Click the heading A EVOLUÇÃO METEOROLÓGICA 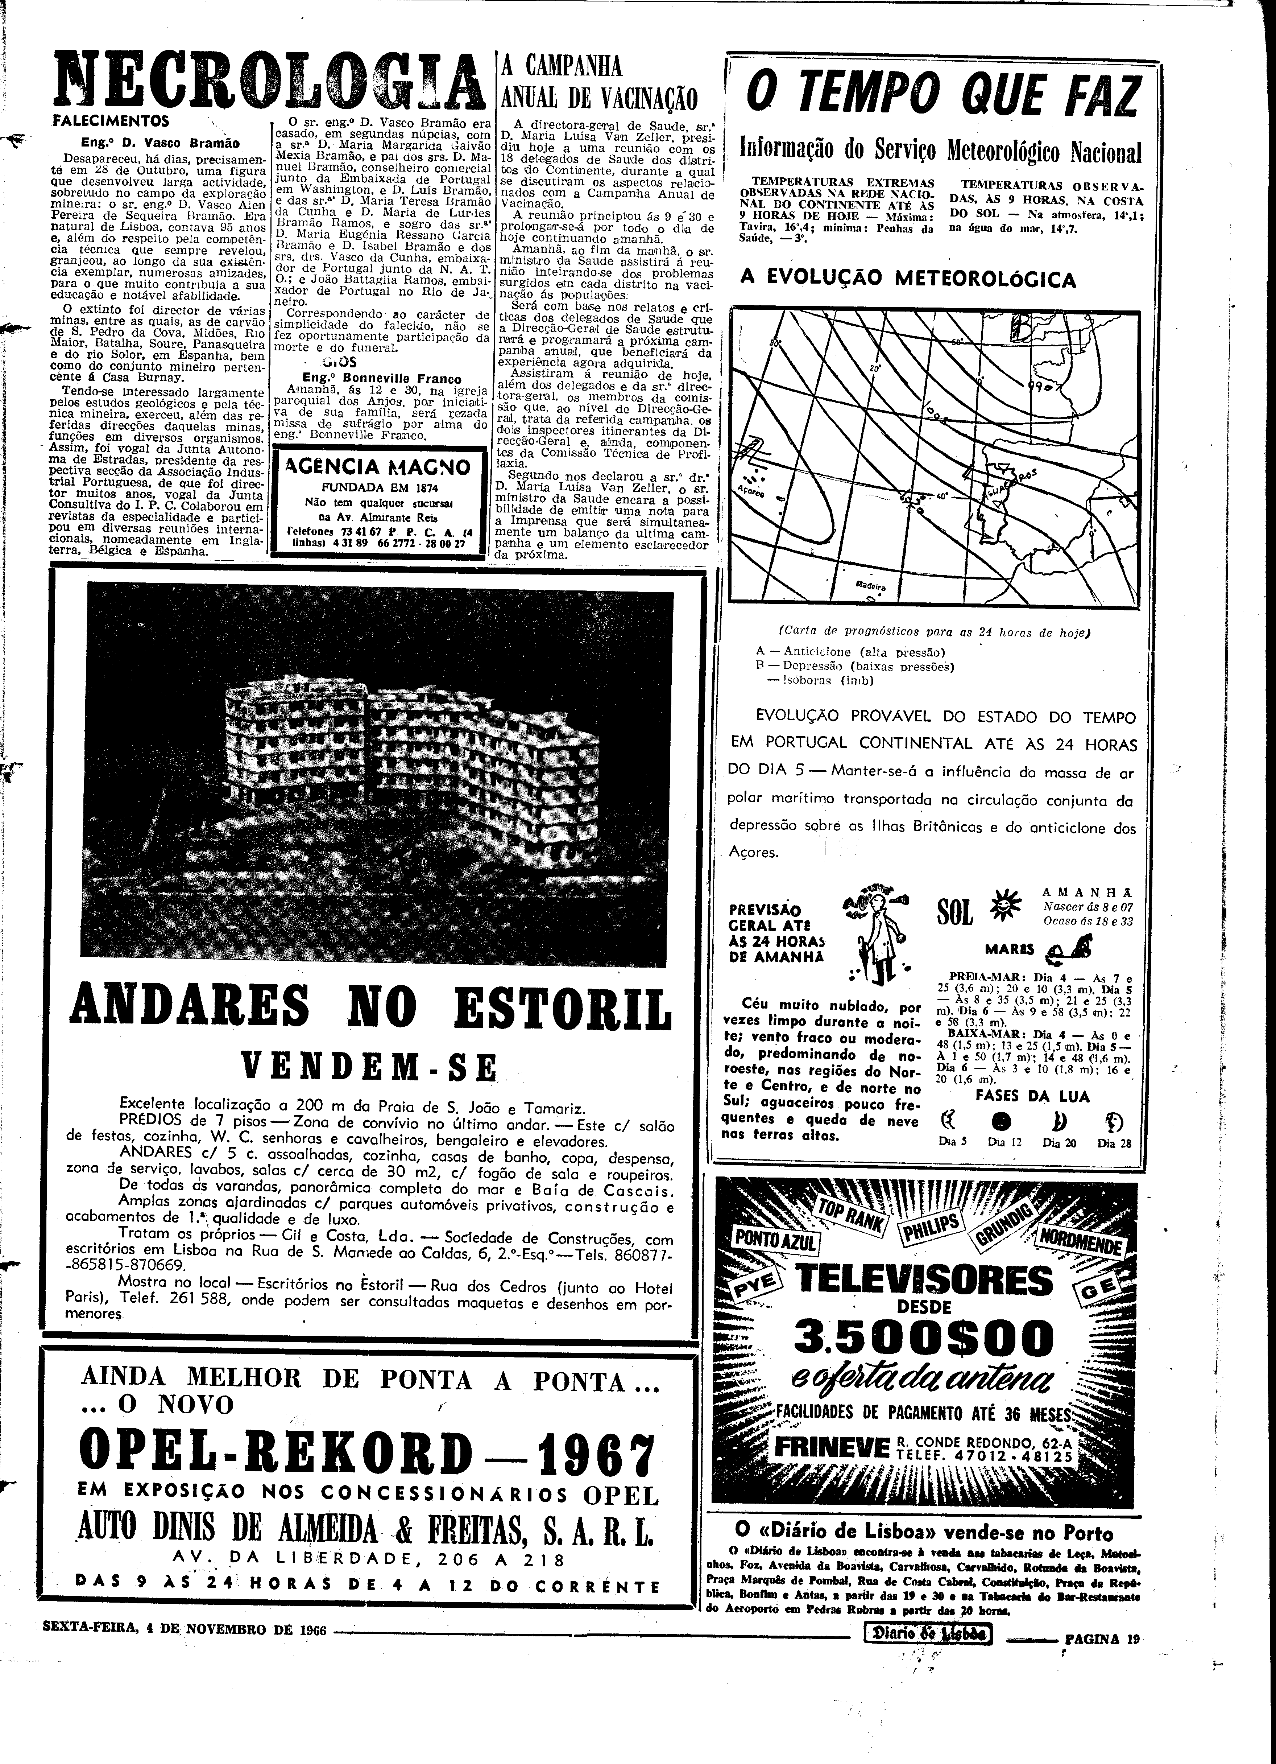tap(908, 279)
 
